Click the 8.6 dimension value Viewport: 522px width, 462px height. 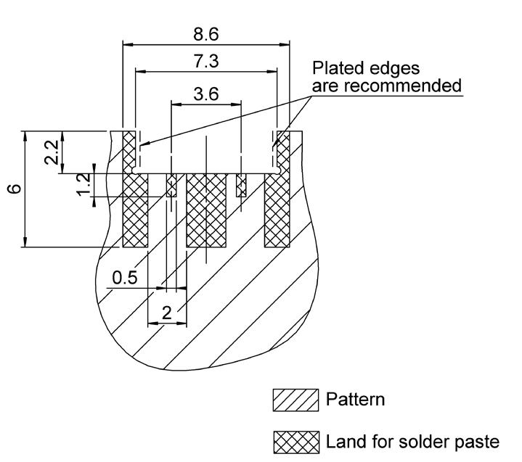(206, 33)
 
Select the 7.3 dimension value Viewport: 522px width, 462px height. (206, 62)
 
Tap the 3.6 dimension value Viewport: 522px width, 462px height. (206, 94)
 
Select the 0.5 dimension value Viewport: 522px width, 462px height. (124, 278)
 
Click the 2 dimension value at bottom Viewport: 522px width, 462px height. (167, 313)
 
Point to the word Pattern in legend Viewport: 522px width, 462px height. (356, 400)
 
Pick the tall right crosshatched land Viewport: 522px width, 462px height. (277, 210)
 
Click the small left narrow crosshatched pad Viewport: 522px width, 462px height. (172, 186)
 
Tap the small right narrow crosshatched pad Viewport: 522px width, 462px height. (242, 186)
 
